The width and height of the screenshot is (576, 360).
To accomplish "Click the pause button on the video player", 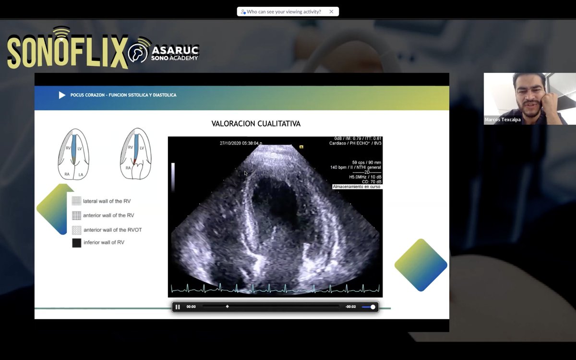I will coord(178,307).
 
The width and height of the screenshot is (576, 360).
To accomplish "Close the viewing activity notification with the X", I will coord(331,12).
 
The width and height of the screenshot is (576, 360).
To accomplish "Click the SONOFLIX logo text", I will coord(67,50).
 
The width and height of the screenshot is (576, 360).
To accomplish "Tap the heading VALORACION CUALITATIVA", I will coord(256,124).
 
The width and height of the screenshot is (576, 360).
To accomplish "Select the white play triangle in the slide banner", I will coord(62,95).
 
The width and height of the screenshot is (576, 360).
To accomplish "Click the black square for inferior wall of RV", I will coord(77,243).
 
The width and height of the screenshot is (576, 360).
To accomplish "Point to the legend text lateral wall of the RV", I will coord(107,201).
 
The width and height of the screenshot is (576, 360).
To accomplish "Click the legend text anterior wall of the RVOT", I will coord(112,230).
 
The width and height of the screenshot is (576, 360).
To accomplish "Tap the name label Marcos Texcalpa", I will coord(503,120).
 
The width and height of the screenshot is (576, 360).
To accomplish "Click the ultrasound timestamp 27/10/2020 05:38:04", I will coord(240,143).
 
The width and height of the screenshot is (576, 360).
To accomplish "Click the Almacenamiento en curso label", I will coord(357,187).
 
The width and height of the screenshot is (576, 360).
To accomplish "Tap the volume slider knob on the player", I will coord(373,307).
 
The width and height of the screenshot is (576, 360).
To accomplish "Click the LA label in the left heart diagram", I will coord(81,175).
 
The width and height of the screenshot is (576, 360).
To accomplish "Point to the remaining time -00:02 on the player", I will coord(350,307).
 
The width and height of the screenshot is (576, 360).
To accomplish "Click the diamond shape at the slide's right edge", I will coord(420,265).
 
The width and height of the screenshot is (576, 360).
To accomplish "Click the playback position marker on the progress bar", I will coord(227,306).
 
